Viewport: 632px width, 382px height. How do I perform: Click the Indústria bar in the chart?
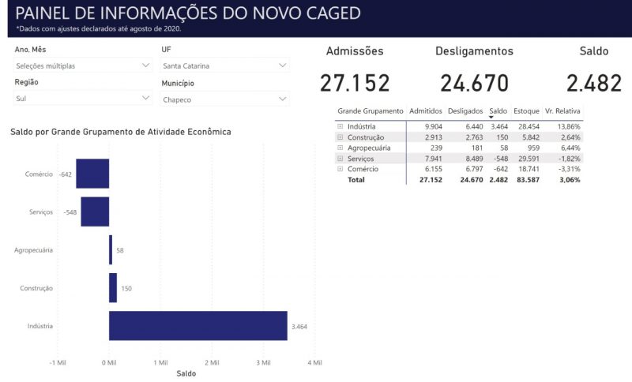click(x=197, y=325)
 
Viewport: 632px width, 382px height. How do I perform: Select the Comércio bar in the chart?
click(x=92, y=174)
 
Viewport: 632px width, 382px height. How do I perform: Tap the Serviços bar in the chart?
click(x=95, y=212)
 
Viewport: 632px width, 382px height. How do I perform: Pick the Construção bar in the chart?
click(x=113, y=288)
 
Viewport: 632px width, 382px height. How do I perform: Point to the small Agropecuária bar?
click(x=111, y=249)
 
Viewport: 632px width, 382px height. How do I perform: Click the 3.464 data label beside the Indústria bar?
click(x=299, y=326)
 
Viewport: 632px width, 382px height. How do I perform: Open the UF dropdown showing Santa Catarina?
click(x=225, y=66)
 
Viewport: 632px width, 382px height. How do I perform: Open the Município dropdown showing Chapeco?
click(x=225, y=99)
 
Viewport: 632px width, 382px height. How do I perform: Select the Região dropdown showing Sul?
click(x=83, y=99)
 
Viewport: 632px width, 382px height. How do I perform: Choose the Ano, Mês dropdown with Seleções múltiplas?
click(x=83, y=66)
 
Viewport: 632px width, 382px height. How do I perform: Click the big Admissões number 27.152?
click(x=355, y=83)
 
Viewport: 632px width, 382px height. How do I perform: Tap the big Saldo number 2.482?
click(x=593, y=83)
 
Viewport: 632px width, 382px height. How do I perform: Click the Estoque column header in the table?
click(x=525, y=111)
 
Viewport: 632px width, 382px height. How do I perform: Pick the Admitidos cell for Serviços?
click(x=427, y=159)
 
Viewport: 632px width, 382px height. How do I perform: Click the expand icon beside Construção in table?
click(x=340, y=137)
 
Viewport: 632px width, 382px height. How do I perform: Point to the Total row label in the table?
click(x=357, y=180)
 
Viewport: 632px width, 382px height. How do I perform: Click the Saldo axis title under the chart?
click(x=186, y=373)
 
